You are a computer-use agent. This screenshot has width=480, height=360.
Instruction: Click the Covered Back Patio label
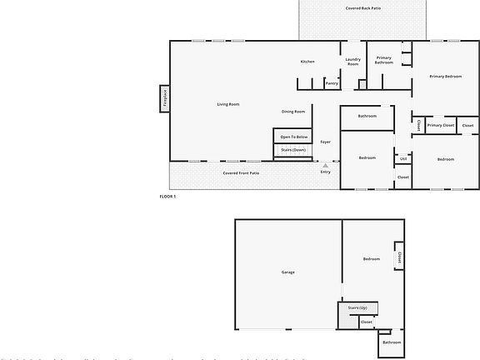point(363,7)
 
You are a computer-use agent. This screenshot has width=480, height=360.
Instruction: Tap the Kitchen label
point(307,62)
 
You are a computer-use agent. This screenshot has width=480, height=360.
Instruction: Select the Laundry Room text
point(352,62)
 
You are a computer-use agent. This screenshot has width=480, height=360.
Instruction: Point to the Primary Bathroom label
point(383,60)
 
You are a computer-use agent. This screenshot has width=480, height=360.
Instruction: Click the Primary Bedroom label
point(445,77)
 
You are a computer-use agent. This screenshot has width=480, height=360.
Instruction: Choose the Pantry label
point(332,83)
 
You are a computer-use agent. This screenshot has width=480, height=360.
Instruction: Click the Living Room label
point(228,104)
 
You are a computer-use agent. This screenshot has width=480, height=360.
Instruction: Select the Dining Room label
point(293,112)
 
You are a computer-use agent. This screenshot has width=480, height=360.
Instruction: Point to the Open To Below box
point(294,137)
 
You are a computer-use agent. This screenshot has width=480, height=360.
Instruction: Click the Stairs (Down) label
point(293,149)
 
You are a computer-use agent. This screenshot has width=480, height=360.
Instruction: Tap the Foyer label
point(325,142)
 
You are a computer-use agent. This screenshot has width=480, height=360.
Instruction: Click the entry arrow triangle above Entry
point(325,165)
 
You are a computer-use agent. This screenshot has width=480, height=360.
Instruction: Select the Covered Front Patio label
point(241,173)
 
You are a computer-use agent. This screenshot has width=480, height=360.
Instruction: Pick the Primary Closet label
point(440,126)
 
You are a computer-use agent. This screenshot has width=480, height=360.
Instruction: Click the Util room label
point(402,158)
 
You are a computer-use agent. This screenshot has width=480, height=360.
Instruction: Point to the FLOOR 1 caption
point(167,197)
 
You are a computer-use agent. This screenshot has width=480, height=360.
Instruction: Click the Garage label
point(287,272)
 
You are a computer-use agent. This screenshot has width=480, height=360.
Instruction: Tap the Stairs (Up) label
point(357,308)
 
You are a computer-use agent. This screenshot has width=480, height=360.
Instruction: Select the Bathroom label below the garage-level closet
point(391,342)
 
